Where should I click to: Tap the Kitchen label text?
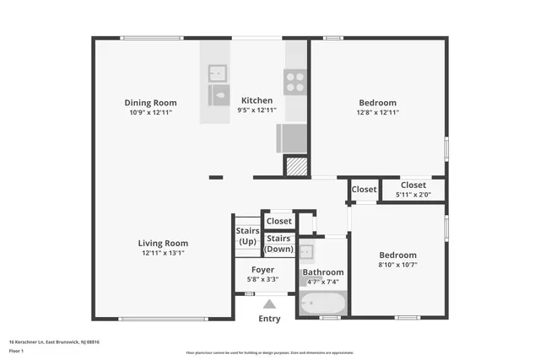tap(256, 100)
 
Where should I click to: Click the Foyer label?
tap(262, 269)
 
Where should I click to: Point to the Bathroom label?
tap(323, 272)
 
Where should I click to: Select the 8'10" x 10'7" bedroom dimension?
tap(397, 265)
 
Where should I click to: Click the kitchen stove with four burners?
tap(294, 81)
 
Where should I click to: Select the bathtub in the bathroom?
tap(322, 304)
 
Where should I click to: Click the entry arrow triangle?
tap(269, 304)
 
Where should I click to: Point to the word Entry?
tap(269, 319)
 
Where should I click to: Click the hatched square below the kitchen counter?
tap(295, 166)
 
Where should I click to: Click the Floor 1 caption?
tap(17, 351)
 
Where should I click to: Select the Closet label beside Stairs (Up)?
tap(278, 221)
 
